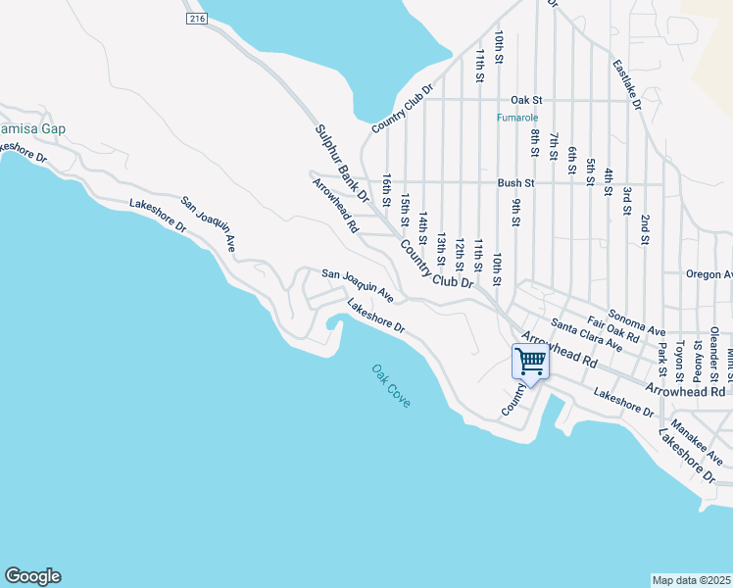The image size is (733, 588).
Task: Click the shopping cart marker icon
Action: tap(530, 361)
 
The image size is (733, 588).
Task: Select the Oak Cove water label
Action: tap(391, 386)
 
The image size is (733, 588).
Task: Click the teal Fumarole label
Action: tap(513, 118)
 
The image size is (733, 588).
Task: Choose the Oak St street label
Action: tap(527, 100)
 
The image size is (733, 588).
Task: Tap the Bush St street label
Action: tap(515, 182)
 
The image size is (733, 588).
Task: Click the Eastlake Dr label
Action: tap(626, 83)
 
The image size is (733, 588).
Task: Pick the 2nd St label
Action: tap(645, 228)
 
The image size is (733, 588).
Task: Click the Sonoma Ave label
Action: tap(637, 322)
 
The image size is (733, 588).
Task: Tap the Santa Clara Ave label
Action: tap(586, 334)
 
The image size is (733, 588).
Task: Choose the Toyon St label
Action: tap(679, 362)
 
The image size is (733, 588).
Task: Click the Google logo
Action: tap(32, 576)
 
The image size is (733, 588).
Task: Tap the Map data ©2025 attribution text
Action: tap(692, 580)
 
